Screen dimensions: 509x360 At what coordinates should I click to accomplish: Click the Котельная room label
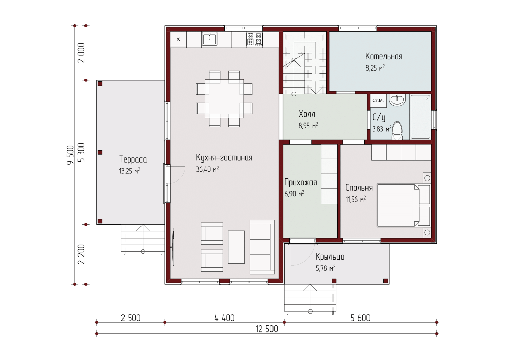pyautogui.click(x=384, y=56)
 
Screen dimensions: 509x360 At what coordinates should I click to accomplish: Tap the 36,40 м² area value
pyautogui.click(x=207, y=169)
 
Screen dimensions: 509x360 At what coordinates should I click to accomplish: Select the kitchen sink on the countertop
pyautogui.click(x=209, y=39)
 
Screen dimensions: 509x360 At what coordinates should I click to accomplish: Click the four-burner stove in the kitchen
pyautogui.click(x=254, y=39)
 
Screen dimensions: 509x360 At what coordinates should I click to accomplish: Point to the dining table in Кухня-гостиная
pyautogui.click(x=224, y=99)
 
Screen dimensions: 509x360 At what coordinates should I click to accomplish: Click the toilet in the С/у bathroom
pyautogui.click(x=397, y=131)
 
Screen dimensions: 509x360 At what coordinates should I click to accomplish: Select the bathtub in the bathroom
pyautogui.click(x=420, y=117)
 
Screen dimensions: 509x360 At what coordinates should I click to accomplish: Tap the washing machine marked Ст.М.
pyautogui.click(x=378, y=101)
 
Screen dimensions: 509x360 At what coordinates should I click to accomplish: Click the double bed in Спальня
pyautogui.click(x=403, y=206)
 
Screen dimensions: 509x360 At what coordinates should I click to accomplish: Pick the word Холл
pyautogui.click(x=307, y=114)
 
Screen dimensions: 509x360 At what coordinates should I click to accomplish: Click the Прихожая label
pyautogui.click(x=301, y=182)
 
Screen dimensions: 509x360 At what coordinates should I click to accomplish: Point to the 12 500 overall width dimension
pyautogui.click(x=267, y=329)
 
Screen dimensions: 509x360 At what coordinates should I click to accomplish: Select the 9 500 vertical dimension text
pyautogui.click(x=70, y=155)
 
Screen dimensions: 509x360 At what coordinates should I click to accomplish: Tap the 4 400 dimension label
pyautogui.click(x=225, y=318)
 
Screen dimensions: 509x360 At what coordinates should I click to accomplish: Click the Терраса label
pyautogui.click(x=133, y=159)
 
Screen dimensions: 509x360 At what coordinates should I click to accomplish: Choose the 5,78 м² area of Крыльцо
pyautogui.click(x=325, y=268)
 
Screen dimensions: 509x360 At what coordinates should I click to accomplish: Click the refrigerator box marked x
pyautogui.click(x=178, y=39)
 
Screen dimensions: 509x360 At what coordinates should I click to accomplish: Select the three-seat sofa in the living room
pyautogui.click(x=262, y=247)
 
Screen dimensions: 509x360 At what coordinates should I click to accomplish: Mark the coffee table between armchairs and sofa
pyautogui.click(x=236, y=247)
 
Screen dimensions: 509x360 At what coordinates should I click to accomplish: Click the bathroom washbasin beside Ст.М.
pyautogui.click(x=397, y=100)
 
